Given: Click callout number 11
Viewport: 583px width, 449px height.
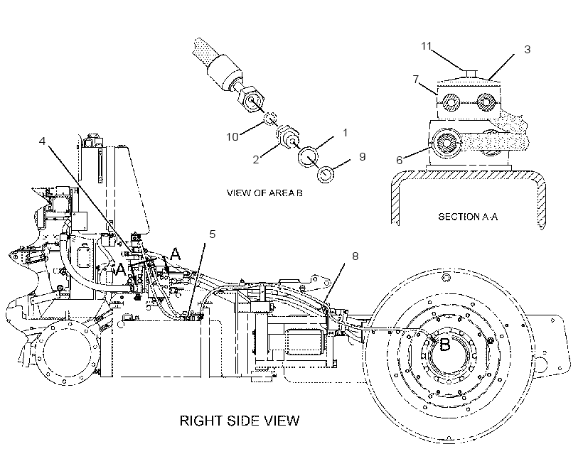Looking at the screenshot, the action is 426,46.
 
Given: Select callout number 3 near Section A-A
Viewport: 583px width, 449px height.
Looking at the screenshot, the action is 528,50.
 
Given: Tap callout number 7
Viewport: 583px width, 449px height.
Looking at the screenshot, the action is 416,79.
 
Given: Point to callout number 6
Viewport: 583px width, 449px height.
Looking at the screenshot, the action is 400,160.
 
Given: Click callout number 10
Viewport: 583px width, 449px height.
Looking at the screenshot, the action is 232,137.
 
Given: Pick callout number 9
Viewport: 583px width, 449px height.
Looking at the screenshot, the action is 363,157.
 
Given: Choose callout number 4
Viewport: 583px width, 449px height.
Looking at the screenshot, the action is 43,141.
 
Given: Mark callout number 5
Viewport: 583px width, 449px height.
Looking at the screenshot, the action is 213,234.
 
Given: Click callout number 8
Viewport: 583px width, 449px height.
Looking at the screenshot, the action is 355,256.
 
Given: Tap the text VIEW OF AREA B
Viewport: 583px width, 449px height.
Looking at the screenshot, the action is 264,193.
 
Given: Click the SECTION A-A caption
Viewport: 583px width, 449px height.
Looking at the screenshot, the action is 468,217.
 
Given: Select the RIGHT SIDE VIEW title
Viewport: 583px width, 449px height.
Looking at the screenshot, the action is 240,421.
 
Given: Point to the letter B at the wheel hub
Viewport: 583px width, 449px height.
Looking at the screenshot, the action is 444,345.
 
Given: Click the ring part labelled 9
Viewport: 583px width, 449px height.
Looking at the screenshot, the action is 326,174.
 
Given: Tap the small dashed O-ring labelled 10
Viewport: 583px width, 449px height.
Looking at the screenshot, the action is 270,119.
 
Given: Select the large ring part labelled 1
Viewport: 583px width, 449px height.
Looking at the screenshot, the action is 308,156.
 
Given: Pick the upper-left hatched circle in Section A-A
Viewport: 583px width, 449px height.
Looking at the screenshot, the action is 451,102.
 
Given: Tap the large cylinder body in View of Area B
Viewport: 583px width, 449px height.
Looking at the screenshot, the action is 224,72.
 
